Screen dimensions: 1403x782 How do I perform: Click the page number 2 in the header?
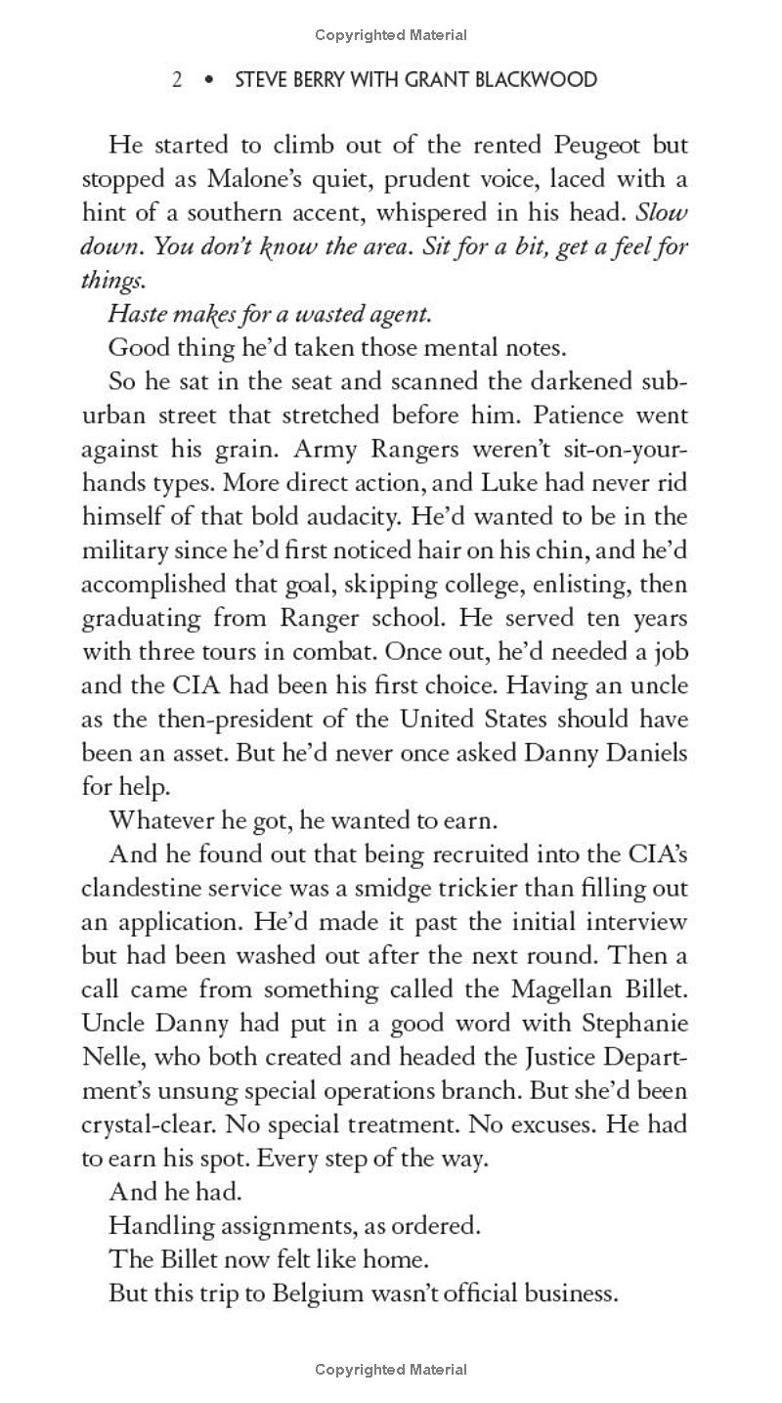177,79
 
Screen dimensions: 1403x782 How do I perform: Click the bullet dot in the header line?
208,79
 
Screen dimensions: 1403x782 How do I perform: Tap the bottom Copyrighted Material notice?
391,1370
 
